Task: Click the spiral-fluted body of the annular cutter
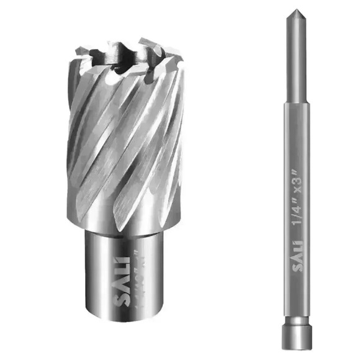pos(124,143)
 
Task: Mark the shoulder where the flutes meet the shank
pos(124,228)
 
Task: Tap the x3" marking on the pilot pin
pos(295,178)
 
